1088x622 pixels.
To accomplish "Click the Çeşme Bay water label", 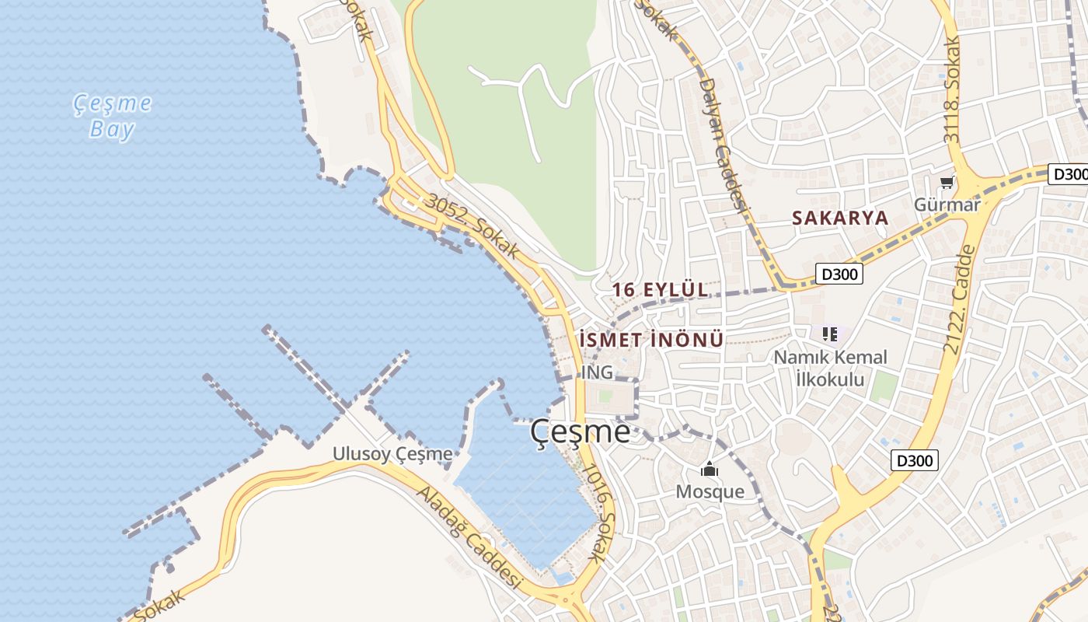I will pos(113,116).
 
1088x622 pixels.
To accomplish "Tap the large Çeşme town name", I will pos(581,432).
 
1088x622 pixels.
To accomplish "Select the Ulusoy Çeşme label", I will pos(392,453).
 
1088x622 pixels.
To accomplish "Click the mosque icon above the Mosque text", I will pos(709,470).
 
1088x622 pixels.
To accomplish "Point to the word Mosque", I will pos(710,491).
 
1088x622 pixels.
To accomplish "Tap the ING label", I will pos(597,372).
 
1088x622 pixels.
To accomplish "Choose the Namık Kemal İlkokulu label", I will pos(830,369).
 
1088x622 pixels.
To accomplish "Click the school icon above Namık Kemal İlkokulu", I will pos(829,334).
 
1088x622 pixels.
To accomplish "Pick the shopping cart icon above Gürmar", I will pos(947,183).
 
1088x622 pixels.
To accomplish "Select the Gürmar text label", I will pos(947,204).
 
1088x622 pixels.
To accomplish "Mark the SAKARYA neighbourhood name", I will pos(839,218).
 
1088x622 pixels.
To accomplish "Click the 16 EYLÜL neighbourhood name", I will pos(660,290).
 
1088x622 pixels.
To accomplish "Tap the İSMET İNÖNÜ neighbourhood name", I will pos(651,340).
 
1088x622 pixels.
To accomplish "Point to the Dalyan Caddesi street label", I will pos(723,144).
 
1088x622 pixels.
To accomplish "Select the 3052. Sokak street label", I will pos(472,225).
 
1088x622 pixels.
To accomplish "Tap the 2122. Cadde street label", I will pos(958,299).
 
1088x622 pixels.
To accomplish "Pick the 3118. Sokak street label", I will pos(953,89).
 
